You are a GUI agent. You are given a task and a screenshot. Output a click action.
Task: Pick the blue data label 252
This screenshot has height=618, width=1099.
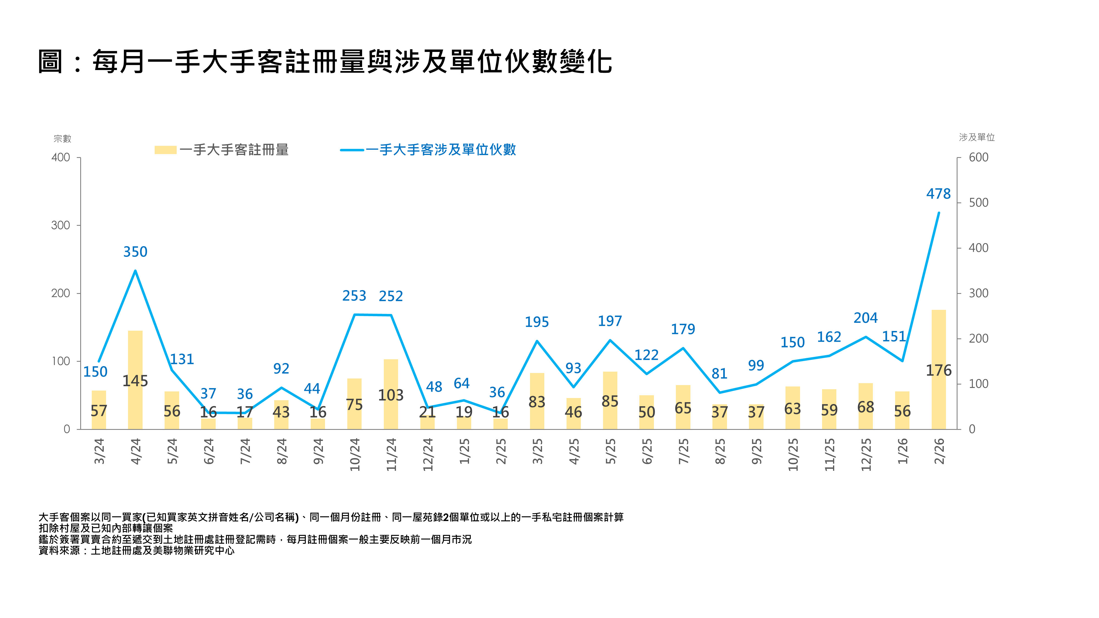(391, 296)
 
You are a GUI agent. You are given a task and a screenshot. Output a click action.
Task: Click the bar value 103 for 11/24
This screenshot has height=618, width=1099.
(391, 395)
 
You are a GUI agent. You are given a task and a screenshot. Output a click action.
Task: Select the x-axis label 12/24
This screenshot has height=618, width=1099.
(428, 454)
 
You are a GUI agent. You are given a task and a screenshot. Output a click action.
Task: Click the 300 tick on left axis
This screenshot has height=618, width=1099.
(60, 225)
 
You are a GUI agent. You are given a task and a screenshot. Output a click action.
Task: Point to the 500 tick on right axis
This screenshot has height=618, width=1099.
(978, 203)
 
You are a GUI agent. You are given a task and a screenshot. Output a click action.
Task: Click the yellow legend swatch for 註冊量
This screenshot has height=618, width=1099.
(165, 150)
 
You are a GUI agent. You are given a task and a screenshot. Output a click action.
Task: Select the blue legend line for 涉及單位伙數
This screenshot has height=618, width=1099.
(352, 150)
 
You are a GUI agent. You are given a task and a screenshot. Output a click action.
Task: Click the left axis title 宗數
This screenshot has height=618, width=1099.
(62, 139)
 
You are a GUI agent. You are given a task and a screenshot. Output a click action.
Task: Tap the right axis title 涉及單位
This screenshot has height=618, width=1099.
(976, 137)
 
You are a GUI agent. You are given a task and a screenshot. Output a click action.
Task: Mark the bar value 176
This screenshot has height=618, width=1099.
(938, 370)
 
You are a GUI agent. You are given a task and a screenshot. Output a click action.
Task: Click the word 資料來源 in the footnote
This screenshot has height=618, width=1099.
(59, 551)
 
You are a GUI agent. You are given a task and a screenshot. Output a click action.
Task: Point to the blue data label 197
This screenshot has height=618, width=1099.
(610, 321)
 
